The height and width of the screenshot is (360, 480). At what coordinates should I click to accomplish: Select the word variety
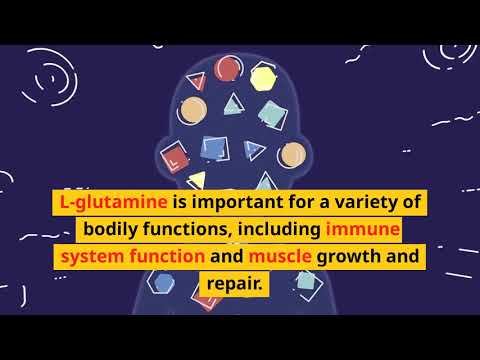click(x=361, y=202)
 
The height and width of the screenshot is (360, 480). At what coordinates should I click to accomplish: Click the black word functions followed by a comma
click(x=191, y=230)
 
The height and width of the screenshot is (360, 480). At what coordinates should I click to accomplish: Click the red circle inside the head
click(x=227, y=69)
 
